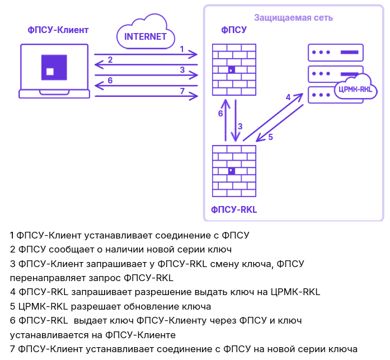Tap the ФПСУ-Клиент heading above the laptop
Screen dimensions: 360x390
58,30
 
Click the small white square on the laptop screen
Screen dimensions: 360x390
50,71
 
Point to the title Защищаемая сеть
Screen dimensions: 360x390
294,17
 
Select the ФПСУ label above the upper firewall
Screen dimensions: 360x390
234,30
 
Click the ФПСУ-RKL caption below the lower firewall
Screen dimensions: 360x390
233,209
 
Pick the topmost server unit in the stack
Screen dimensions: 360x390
333,52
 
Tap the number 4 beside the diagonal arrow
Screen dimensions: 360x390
288,97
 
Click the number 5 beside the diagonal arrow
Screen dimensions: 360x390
270,137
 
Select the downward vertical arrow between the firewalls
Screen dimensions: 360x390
236,120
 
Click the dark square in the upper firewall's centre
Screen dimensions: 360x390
231,70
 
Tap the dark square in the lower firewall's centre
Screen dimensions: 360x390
231,171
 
